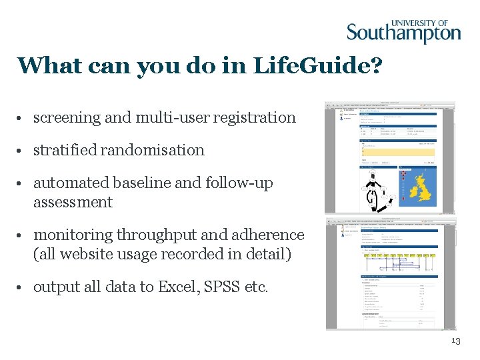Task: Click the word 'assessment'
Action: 73,202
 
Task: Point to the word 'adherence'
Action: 270,235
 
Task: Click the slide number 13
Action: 456,341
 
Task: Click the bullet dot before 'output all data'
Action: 22,287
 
